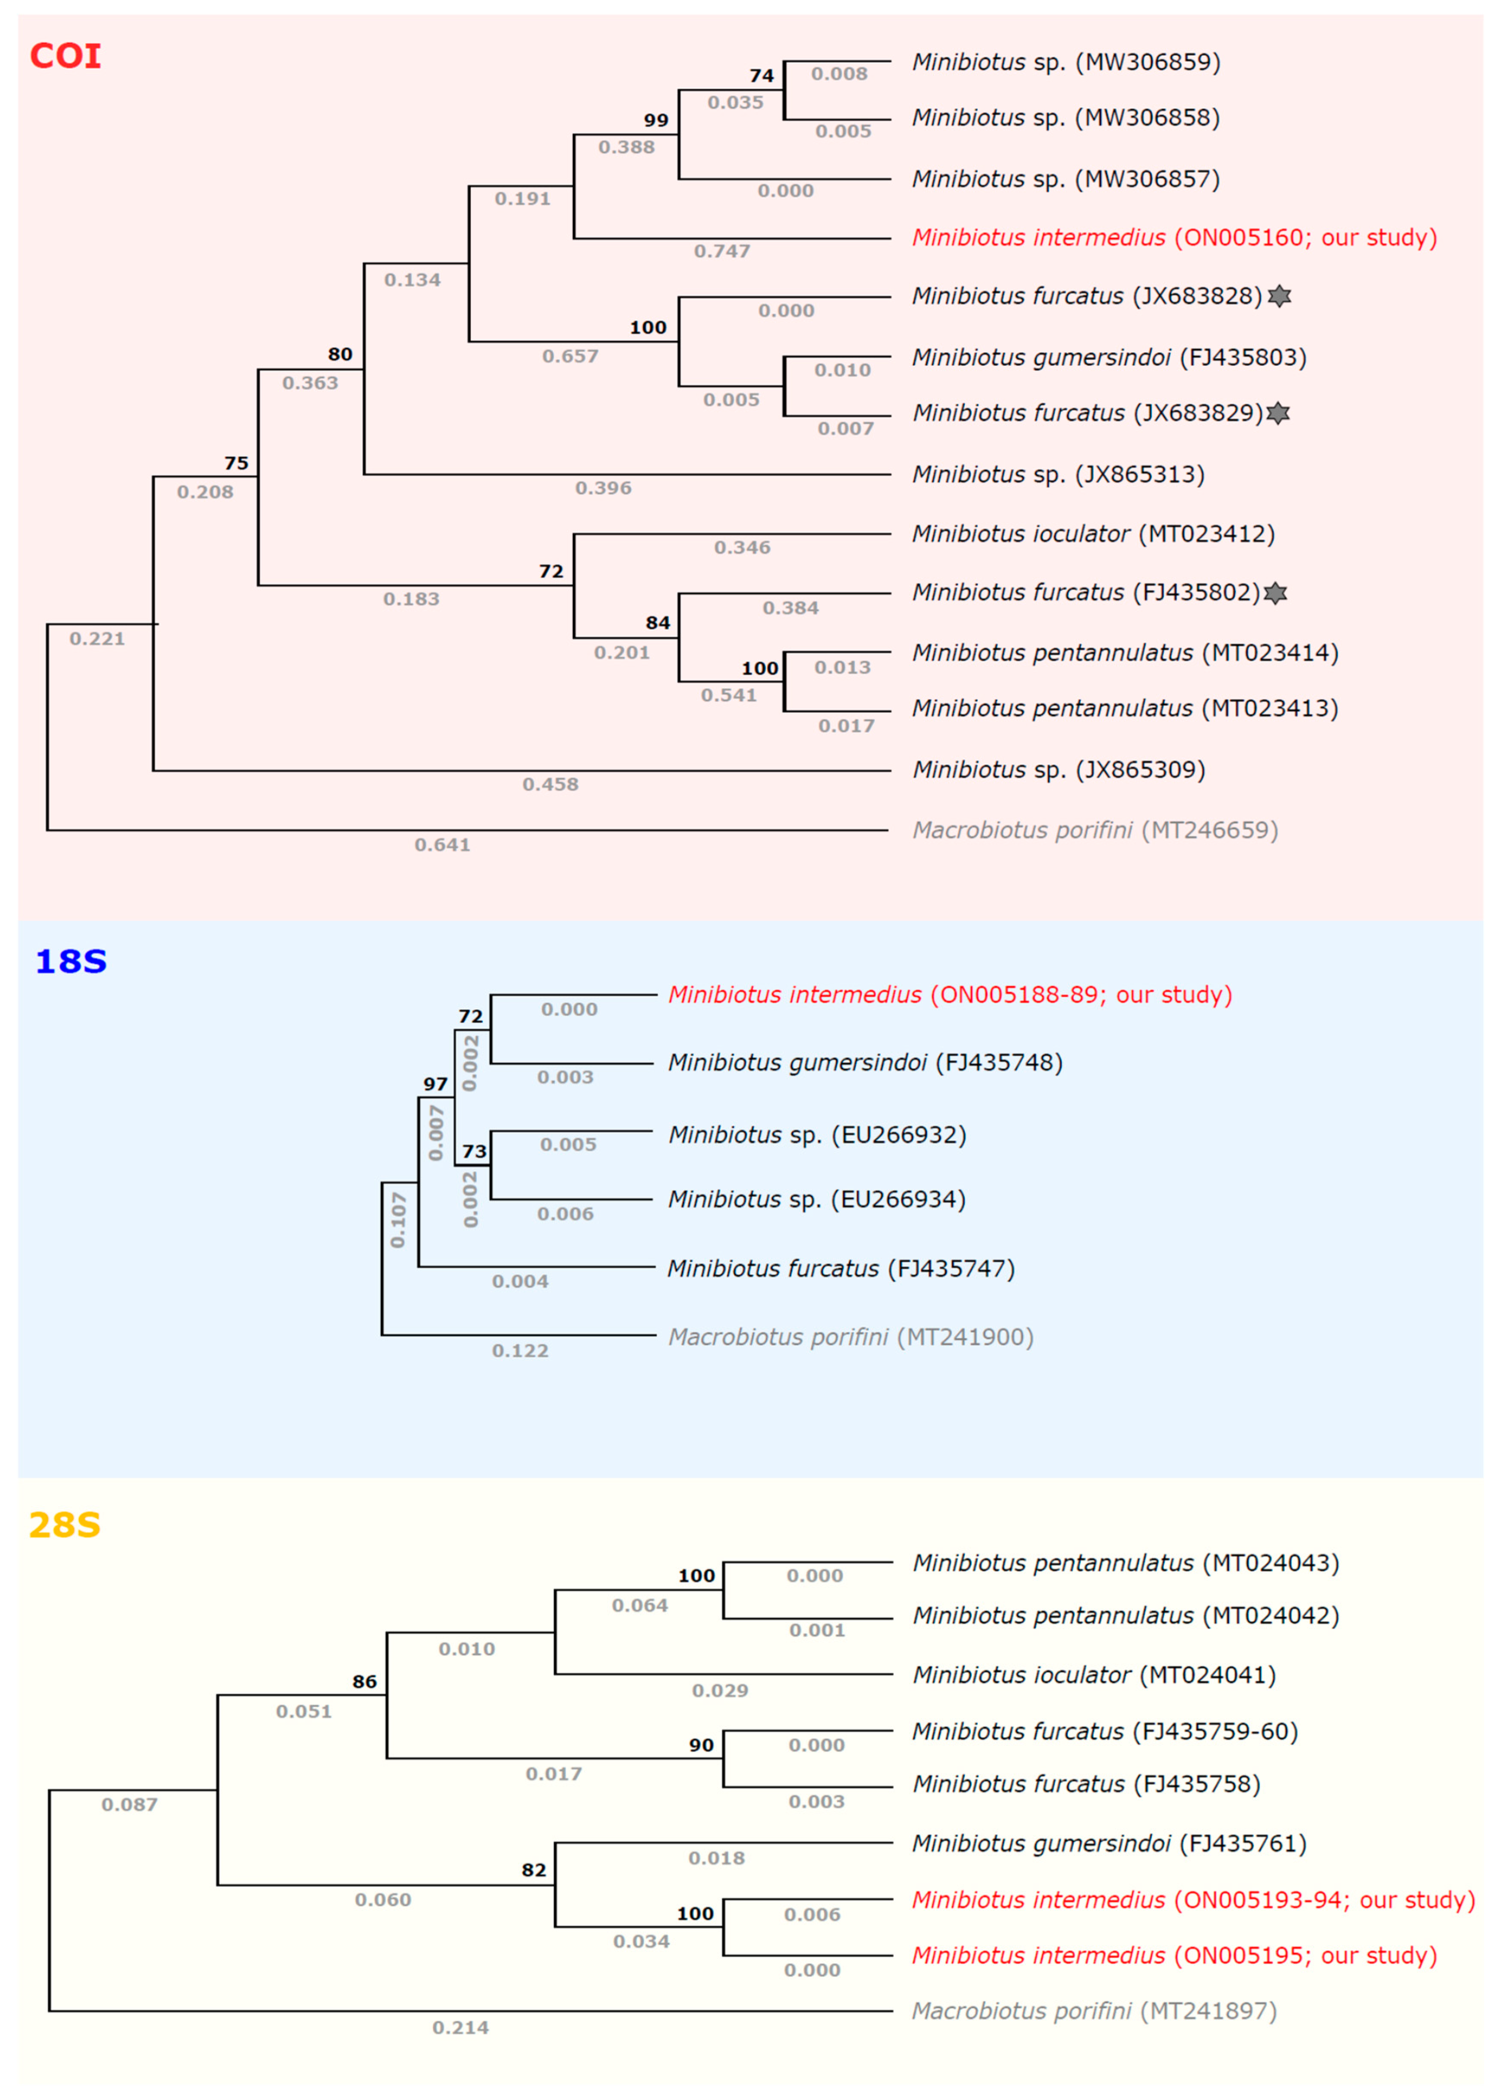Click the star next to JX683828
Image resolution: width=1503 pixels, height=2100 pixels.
coord(1279,296)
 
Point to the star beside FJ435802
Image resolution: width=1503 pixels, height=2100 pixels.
coord(1275,592)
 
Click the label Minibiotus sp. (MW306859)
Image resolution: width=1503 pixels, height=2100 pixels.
coord(1066,62)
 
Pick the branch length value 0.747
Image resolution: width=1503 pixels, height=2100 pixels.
coord(722,251)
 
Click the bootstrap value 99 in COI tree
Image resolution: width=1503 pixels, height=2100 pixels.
coord(656,121)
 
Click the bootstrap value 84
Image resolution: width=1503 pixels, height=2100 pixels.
coord(658,623)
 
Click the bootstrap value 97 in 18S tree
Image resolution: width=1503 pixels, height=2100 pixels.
coord(435,1084)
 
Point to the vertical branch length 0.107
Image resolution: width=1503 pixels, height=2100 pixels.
coord(398,1220)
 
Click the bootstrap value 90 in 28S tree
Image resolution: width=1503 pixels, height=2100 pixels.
coord(702,1744)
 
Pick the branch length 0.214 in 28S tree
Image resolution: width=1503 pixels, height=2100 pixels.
coord(460,2028)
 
